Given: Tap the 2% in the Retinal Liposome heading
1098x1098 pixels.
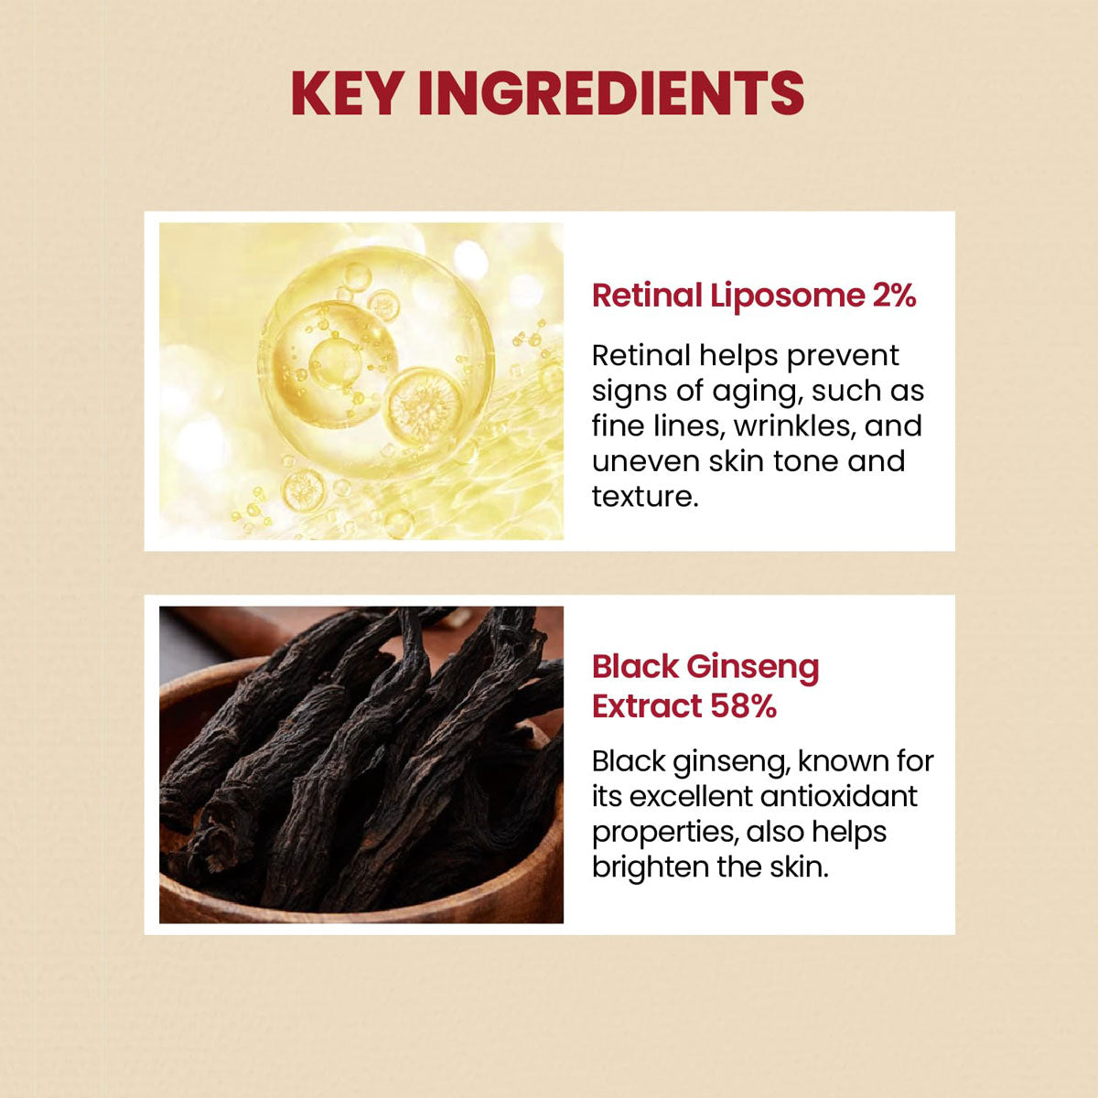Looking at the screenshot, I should (889, 296).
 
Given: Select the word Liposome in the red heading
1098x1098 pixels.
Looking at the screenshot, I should (785, 296).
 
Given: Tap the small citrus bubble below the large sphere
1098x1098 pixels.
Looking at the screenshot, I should (303, 490).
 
